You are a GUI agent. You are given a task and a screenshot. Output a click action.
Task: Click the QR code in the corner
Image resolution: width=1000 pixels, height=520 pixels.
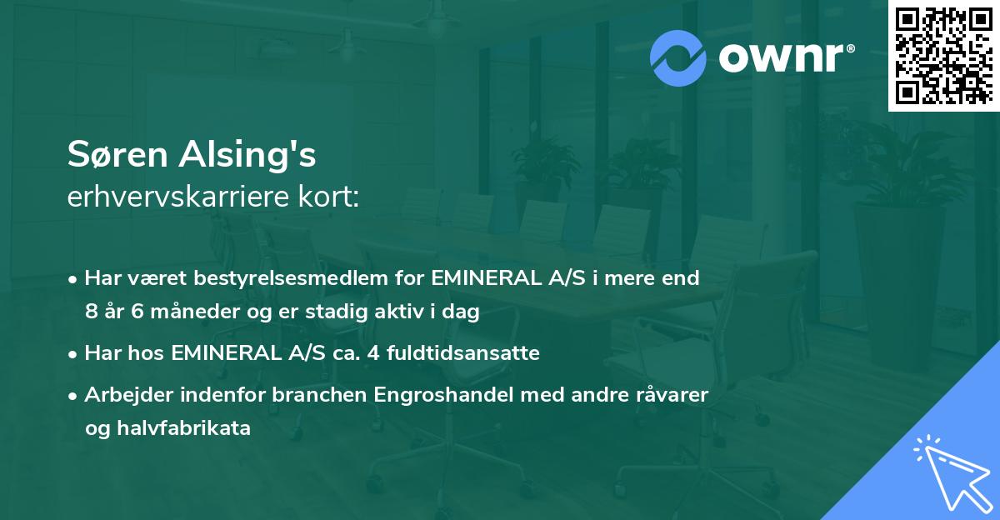tap(944, 56)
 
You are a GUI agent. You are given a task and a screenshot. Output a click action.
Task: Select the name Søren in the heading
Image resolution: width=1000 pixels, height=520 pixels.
tap(117, 156)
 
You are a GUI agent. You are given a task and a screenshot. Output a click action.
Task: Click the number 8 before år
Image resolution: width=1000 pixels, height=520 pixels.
tap(91, 312)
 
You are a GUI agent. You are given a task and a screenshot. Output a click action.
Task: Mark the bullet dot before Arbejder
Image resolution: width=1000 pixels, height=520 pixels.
tap(74, 395)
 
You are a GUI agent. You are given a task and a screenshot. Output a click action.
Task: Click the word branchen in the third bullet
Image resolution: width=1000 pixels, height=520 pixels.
tap(319, 395)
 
